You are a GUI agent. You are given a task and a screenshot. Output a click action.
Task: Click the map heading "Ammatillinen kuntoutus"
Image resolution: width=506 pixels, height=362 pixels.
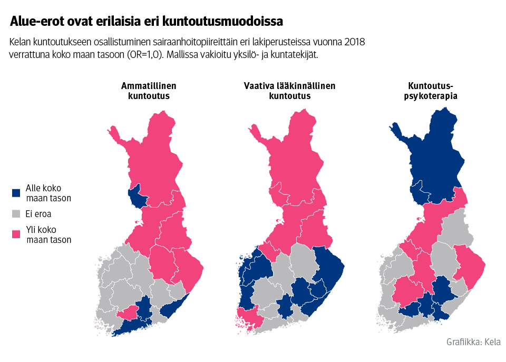click(x=149, y=91)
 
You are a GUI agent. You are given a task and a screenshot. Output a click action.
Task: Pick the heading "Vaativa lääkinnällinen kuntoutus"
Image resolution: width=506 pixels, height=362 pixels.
click(x=289, y=91)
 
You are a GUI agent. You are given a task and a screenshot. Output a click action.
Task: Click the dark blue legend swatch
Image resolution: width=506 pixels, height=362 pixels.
click(x=16, y=193)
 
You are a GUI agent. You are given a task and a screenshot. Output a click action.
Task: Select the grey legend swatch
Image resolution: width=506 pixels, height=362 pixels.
click(x=16, y=214)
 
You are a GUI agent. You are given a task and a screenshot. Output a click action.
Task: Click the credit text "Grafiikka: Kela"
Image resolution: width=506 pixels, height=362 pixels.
click(x=473, y=341)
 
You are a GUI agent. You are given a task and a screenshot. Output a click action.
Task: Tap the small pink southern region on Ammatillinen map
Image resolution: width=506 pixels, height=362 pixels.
click(x=127, y=314)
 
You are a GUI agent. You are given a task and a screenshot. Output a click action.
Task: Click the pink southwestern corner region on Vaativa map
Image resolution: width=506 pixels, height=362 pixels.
click(x=246, y=318)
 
